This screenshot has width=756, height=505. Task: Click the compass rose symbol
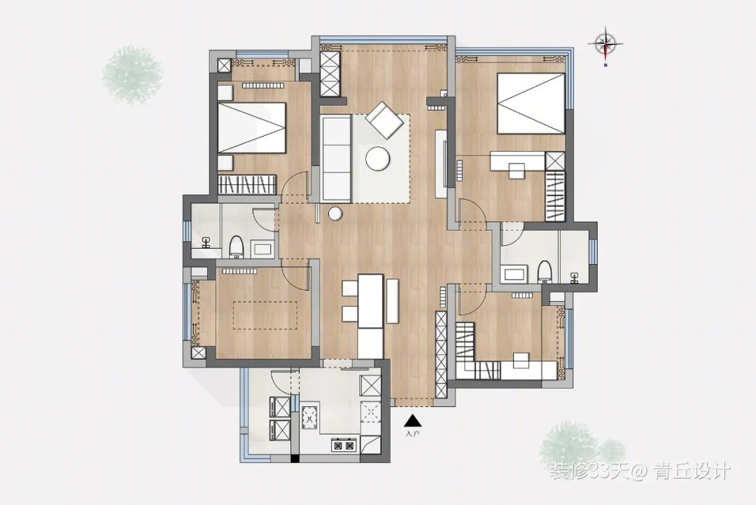[x=605, y=44]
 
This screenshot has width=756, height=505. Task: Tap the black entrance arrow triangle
[x=413, y=421]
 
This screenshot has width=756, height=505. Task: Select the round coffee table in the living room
[x=377, y=158]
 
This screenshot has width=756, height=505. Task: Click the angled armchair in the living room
[x=384, y=120]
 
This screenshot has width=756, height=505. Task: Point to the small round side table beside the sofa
[x=335, y=213]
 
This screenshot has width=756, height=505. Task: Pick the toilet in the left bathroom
[x=236, y=246]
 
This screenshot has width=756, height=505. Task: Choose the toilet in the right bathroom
[x=545, y=272]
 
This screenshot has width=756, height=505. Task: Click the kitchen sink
[x=309, y=417]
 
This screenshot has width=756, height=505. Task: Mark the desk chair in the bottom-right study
[x=521, y=360]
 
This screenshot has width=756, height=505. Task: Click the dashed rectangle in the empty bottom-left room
[x=265, y=315]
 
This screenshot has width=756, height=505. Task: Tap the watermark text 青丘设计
[x=692, y=471]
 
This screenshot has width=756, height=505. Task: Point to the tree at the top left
[x=132, y=75]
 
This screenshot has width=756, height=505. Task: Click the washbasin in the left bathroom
[x=206, y=243]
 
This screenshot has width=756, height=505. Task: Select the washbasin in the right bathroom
[x=574, y=277]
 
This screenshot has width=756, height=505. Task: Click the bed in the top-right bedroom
[x=531, y=103]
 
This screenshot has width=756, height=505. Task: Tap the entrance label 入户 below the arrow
[x=413, y=434]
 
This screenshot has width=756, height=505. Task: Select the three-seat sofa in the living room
[x=335, y=158]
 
